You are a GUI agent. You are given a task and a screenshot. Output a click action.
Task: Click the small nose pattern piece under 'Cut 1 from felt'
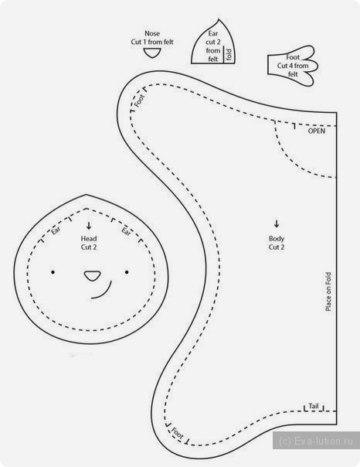[152, 53]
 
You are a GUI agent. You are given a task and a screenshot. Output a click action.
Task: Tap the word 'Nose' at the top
[152, 33]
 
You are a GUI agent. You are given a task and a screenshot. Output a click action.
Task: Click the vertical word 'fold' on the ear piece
[229, 54]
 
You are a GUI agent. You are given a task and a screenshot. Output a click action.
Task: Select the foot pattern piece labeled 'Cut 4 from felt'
[293, 66]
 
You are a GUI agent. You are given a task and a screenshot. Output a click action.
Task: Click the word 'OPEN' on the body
[316, 131]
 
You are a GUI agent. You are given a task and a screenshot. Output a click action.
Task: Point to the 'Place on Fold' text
[328, 291]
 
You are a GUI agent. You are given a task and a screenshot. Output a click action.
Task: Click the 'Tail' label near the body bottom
[314, 406]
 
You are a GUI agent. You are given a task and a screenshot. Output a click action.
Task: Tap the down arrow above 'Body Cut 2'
[277, 223]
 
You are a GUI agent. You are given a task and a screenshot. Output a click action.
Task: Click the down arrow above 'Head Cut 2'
[89, 226]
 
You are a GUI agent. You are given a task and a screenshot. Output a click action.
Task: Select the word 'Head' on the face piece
[89, 239]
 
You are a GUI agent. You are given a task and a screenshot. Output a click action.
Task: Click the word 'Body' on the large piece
[277, 239]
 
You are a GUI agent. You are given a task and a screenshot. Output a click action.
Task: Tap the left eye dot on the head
[53, 272]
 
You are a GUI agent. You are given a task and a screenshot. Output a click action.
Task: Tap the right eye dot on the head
[127, 272]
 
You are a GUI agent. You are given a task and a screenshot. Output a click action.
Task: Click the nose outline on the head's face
[92, 275]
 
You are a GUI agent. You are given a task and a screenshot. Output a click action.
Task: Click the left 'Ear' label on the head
[56, 230]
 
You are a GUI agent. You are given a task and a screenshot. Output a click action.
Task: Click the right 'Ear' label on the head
[126, 231]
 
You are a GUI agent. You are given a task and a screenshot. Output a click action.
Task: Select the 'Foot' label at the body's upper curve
[139, 101]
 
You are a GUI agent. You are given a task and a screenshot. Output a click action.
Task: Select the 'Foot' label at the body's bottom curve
[178, 433]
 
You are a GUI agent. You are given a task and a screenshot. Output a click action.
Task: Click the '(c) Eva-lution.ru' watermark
[316, 441]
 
